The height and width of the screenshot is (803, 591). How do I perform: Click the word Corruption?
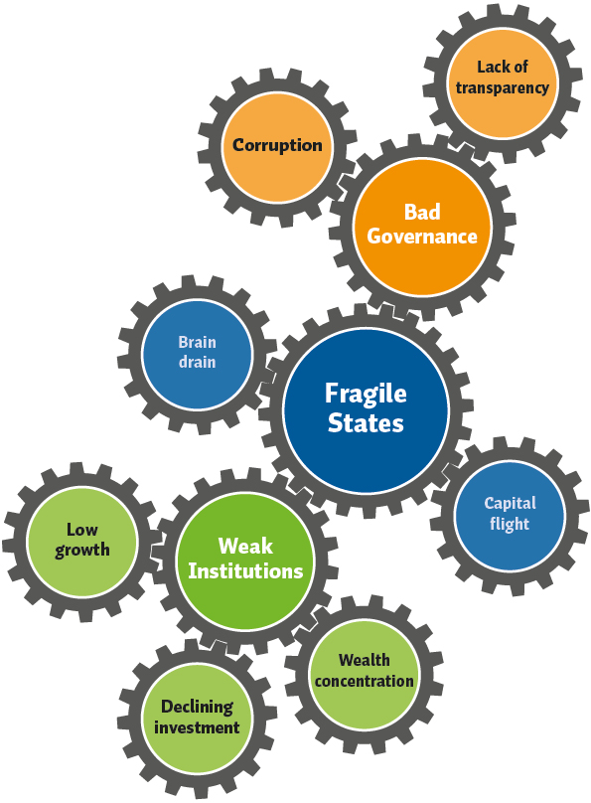coord(277,145)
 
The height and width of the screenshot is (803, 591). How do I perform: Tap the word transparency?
coord(503,88)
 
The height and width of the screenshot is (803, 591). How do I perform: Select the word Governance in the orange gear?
coord(422,237)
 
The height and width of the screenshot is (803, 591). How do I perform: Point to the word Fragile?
coord(366,395)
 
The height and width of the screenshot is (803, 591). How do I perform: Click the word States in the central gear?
coord(366,423)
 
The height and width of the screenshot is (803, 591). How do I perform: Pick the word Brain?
coord(197,342)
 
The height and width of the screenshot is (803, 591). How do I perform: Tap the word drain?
coord(197,362)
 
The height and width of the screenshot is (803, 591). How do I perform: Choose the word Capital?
coord(511,504)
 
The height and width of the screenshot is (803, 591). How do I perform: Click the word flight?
coord(510,524)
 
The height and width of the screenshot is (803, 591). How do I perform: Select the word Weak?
coord(245,546)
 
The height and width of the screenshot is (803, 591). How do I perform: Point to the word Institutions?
coord(245,570)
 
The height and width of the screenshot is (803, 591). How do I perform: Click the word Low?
coord(81,530)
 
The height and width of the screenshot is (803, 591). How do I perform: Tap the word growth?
coord(81,550)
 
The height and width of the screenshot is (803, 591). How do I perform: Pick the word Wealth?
coord(364,660)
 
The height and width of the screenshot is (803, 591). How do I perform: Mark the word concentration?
coord(364,681)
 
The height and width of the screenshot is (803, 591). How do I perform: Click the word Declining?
coord(197,708)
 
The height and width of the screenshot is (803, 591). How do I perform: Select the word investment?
coord(197,727)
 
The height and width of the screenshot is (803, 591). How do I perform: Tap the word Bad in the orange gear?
coord(422,212)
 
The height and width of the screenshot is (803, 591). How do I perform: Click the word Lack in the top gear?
coord(490,68)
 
